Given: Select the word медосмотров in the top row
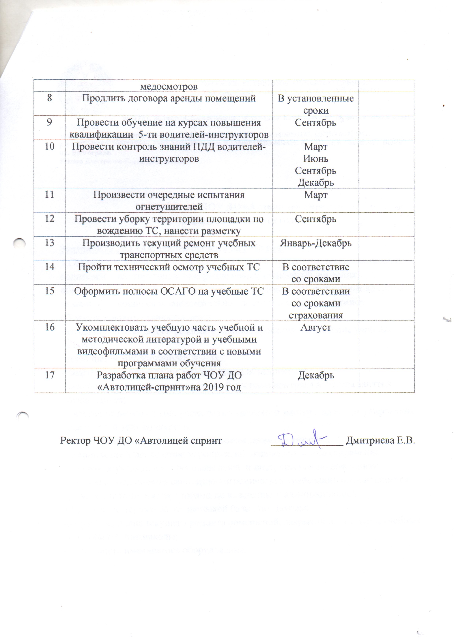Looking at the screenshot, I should (169, 86).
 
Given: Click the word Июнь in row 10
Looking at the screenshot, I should (316, 159).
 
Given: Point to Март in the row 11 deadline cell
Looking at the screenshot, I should (316, 195).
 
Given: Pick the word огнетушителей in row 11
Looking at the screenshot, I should (169, 207).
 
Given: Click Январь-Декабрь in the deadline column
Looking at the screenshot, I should (316, 243).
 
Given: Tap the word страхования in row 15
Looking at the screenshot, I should (316, 315).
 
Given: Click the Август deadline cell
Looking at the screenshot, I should (316, 327).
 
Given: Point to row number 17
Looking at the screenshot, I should (50, 375).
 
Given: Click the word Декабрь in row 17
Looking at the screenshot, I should (316, 375).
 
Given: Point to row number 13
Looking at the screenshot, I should (50, 243).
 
